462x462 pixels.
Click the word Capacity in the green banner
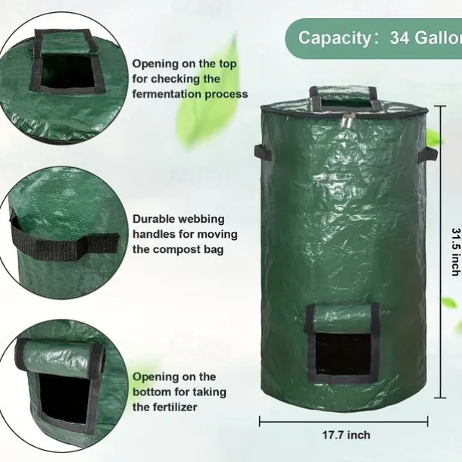[x=336, y=38]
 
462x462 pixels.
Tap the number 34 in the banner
[x=400, y=37]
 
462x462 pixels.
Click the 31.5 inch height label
[x=456, y=251]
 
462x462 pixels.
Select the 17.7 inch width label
[x=346, y=435]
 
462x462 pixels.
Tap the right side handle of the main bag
[x=427, y=155]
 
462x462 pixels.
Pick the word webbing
[x=201, y=220]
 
